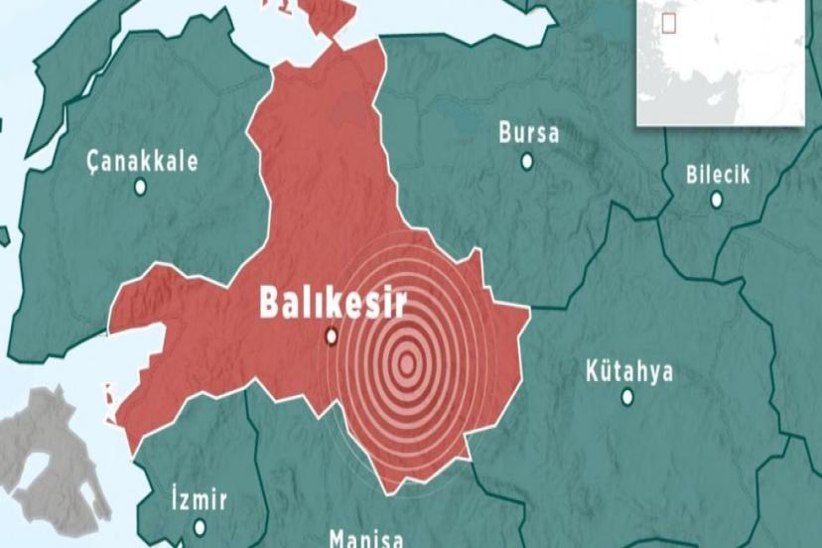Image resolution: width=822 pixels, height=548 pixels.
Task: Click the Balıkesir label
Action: (333, 302)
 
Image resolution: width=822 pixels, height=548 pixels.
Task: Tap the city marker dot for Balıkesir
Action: (332, 337)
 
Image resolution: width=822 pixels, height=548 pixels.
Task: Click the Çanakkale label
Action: (142, 162)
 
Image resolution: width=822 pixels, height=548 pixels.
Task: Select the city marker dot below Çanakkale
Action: (140, 187)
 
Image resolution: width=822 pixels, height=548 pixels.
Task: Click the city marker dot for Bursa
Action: (527, 160)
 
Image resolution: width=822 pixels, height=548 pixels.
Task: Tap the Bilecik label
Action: (718, 176)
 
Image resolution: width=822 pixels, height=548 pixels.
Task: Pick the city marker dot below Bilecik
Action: (717, 200)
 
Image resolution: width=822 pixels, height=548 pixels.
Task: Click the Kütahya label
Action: (628, 372)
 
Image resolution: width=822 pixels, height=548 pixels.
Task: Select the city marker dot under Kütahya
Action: (627, 397)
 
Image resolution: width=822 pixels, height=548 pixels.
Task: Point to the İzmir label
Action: (200, 499)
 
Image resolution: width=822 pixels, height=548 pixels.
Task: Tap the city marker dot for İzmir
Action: (200, 526)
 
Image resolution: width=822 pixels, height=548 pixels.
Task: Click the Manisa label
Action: (366, 539)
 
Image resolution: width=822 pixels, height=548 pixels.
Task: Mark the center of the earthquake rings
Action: (406, 363)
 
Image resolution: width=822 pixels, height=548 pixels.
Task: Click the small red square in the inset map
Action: (670, 21)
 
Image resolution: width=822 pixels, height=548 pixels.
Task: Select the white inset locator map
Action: (720, 62)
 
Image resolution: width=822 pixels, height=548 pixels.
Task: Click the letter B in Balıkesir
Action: (270, 302)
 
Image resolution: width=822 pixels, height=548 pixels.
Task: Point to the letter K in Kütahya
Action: (593, 372)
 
